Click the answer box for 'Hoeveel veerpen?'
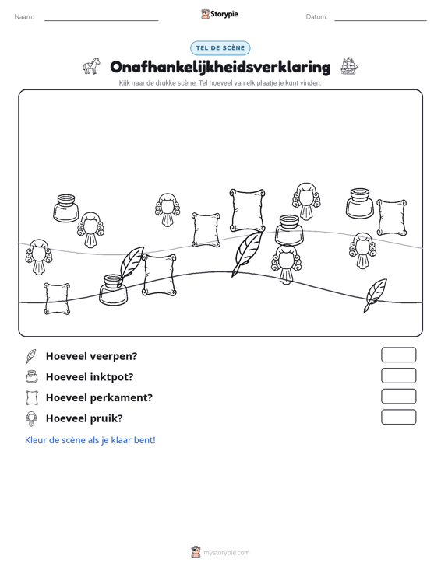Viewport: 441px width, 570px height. [398, 355]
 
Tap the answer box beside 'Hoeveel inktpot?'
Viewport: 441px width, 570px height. [398, 376]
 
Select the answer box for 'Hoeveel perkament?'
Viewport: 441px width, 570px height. [398, 397]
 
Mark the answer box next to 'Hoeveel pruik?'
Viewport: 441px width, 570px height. [398, 417]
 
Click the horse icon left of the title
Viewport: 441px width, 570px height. [91, 66]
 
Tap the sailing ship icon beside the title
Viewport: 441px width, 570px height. [349, 66]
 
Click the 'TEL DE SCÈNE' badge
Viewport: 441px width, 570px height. [220, 48]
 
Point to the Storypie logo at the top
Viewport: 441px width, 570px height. [220, 14]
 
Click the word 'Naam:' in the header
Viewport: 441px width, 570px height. [24, 17]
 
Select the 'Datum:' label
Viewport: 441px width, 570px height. [316, 17]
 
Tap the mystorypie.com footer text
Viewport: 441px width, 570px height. [227, 553]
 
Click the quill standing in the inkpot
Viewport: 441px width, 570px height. [132, 263]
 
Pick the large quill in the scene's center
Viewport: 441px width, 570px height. [247, 253]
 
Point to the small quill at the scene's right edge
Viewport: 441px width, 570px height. [375, 295]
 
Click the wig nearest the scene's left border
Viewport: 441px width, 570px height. [39, 257]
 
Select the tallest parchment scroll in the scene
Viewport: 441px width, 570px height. [247, 211]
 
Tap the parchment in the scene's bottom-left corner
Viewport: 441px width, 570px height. [57, 298]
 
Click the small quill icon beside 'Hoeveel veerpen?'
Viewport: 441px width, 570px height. [31, 356]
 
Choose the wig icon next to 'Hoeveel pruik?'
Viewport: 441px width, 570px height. [32, 419]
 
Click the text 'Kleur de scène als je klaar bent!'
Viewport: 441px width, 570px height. [90, 440]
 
